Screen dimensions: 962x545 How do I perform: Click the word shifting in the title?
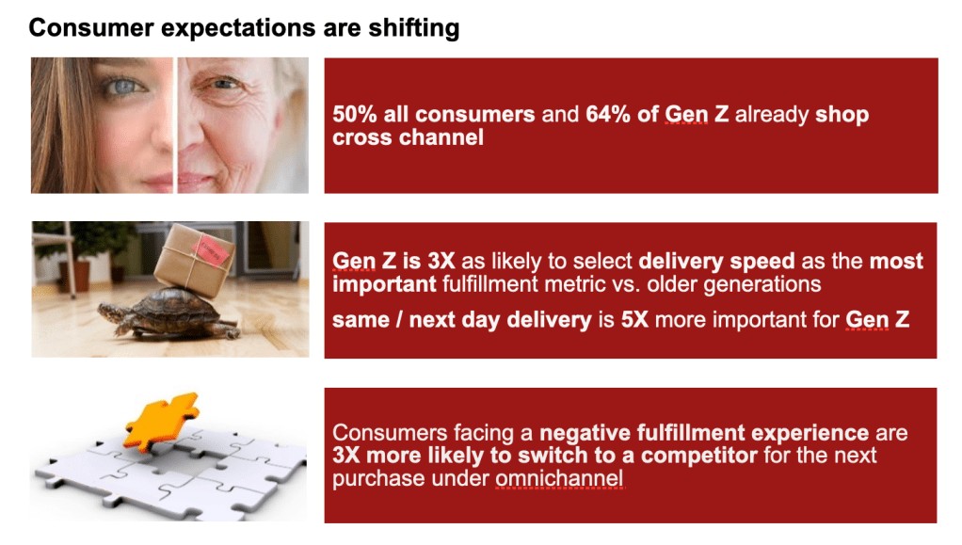click(413, 28)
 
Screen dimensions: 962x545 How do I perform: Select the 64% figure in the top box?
click(607, 114)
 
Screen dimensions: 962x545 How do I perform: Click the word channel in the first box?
click(441, 137)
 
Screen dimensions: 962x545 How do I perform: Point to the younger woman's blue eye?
click(124, 87)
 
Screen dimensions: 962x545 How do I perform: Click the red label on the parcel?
click(211, 251)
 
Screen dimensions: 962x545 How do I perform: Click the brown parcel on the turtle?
click(194, 260)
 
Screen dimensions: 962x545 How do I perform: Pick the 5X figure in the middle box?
click(634, 320)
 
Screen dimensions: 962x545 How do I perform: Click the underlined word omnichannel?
click(559, 479)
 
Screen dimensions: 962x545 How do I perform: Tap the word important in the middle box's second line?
click(384, 285)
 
